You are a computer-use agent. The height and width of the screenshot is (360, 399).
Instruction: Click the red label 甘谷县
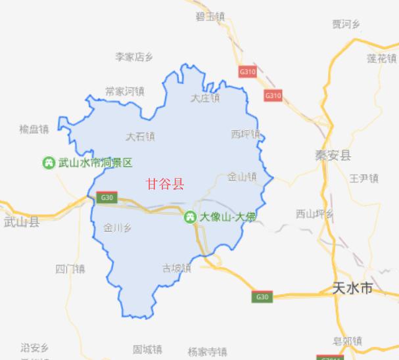(165, 184)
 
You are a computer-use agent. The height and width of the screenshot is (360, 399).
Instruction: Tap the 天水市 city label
(353, 288)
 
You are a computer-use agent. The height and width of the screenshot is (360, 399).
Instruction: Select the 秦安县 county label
(333, 156)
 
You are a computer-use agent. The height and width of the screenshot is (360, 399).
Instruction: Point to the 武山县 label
(21, 221)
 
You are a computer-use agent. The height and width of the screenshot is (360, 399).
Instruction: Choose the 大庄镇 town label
(205, 99)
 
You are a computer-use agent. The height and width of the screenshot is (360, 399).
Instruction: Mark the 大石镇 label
(140, 137)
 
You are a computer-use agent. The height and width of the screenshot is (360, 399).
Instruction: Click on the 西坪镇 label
(245, 134)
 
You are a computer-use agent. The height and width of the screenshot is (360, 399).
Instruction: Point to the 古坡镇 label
(176, 268)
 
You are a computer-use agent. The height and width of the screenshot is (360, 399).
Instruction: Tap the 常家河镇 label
(124, 91)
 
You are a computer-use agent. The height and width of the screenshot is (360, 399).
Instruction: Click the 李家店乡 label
(134, 57)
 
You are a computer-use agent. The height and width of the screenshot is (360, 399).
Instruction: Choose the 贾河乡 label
(346, 25)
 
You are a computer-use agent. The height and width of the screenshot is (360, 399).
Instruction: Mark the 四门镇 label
(70, 269)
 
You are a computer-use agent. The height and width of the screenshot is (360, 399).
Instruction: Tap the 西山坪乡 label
(315, 214)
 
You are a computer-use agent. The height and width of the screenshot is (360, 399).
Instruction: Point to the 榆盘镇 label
(35, 129)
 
